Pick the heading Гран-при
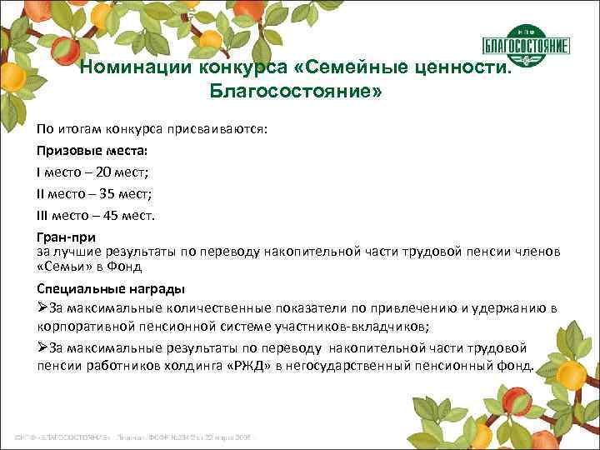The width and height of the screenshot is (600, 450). click(x=66, y=237)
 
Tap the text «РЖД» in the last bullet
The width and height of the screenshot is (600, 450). click(x=242, y=367)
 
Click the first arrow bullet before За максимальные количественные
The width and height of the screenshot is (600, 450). click(x=42, y=308)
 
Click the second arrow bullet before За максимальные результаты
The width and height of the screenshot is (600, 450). click(x=42, y=348)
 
